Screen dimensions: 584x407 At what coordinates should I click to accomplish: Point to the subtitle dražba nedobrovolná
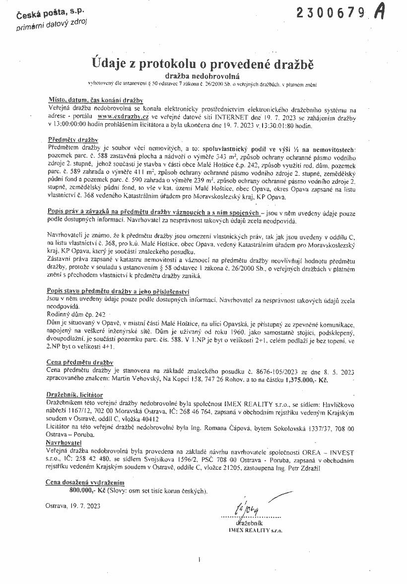(x=203, y=76)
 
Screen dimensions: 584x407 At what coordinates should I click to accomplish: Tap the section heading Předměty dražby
(x=73, y=140)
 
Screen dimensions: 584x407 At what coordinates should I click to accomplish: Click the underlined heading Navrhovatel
(x=64, y=441)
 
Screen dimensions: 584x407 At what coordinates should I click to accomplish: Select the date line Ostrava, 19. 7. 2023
(x=72, y=506)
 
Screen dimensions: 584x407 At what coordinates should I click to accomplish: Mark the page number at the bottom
(x=199, y=560)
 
